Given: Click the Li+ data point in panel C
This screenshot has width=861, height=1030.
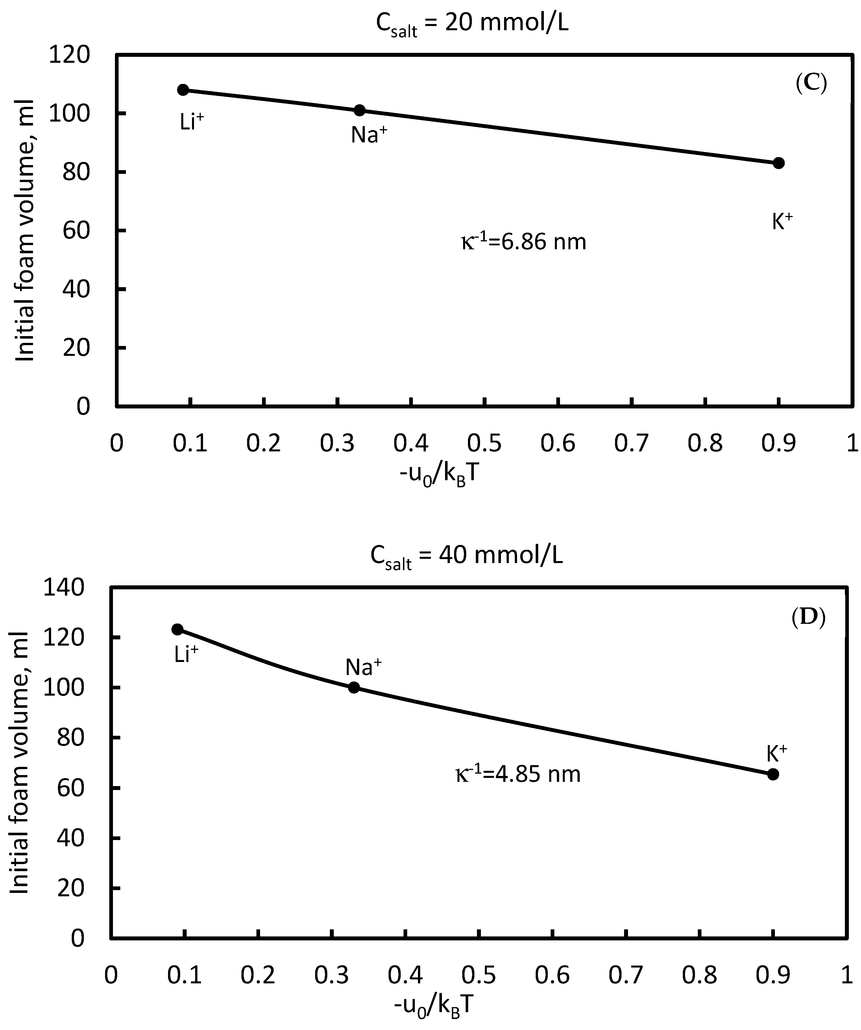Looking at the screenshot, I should tap(183, 90).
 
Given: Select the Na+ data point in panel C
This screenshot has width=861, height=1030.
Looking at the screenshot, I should tap(359, 110).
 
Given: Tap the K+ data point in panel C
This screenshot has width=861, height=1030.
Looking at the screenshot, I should tap(779, 163).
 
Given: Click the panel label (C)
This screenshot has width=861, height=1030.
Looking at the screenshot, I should tap(811, 84).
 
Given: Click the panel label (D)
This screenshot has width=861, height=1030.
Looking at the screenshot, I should tap(808, 618).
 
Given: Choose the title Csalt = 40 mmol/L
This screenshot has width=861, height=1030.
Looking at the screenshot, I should tap(467, 557).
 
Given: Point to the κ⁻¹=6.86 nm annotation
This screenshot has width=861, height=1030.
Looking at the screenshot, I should tap(523, 242).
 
